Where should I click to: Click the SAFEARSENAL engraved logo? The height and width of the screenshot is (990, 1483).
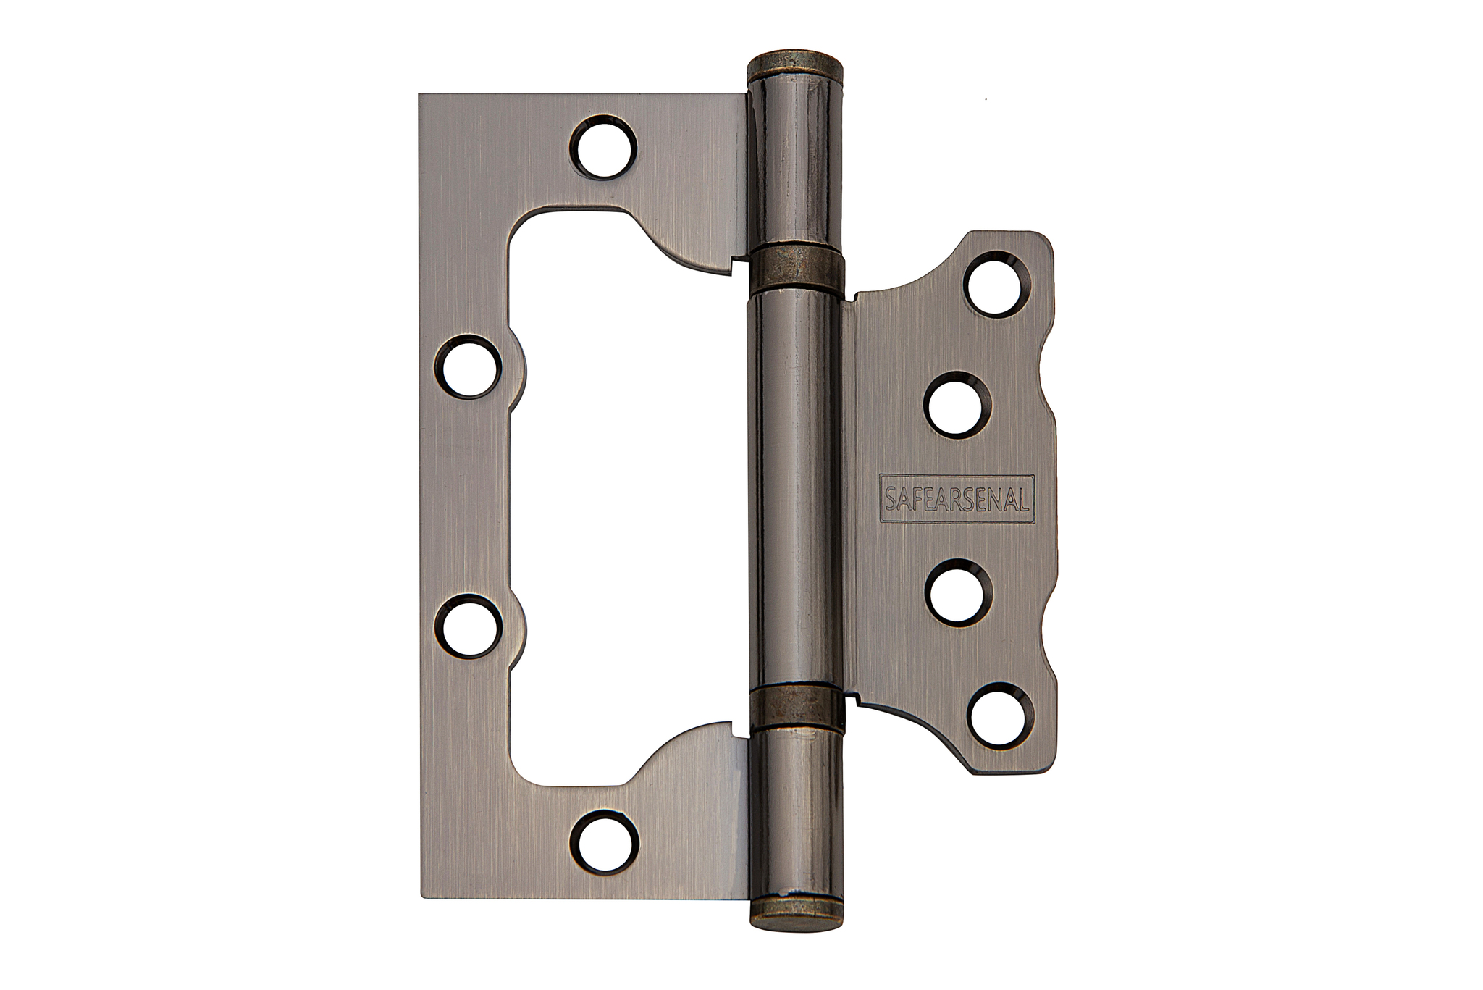(957, 498)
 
